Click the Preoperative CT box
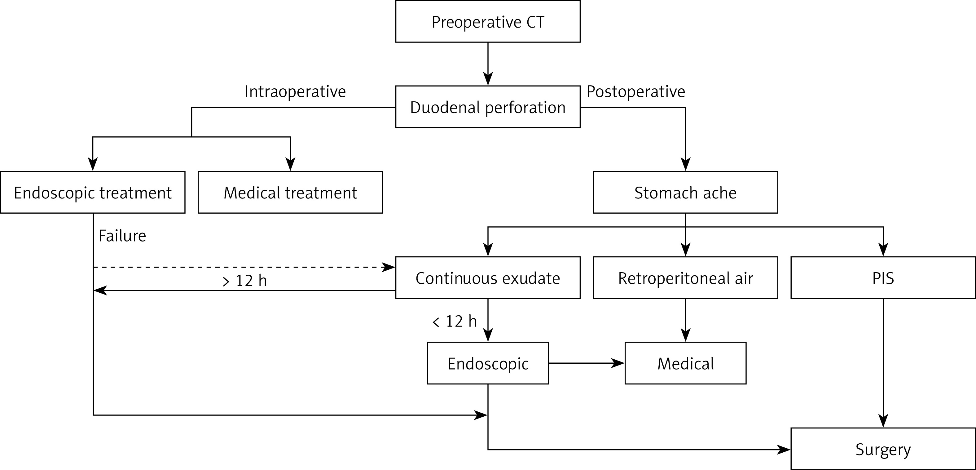[488, 22]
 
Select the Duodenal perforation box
[488, 107]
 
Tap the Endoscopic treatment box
[93, 193]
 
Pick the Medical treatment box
[290, 193]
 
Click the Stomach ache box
[685, 193]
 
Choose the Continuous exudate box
[488, 278]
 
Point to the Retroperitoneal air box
[685, 278]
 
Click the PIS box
[883, 278]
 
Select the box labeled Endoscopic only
[488, 363]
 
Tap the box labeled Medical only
[685, 363]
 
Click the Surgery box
[883, 449]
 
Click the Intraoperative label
[295, 92]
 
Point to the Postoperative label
[636, 92]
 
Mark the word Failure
[122, 236]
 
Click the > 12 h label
[245, 281]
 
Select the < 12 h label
[454, 321]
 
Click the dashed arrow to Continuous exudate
[243, 267]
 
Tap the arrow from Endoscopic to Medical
[586, 363]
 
